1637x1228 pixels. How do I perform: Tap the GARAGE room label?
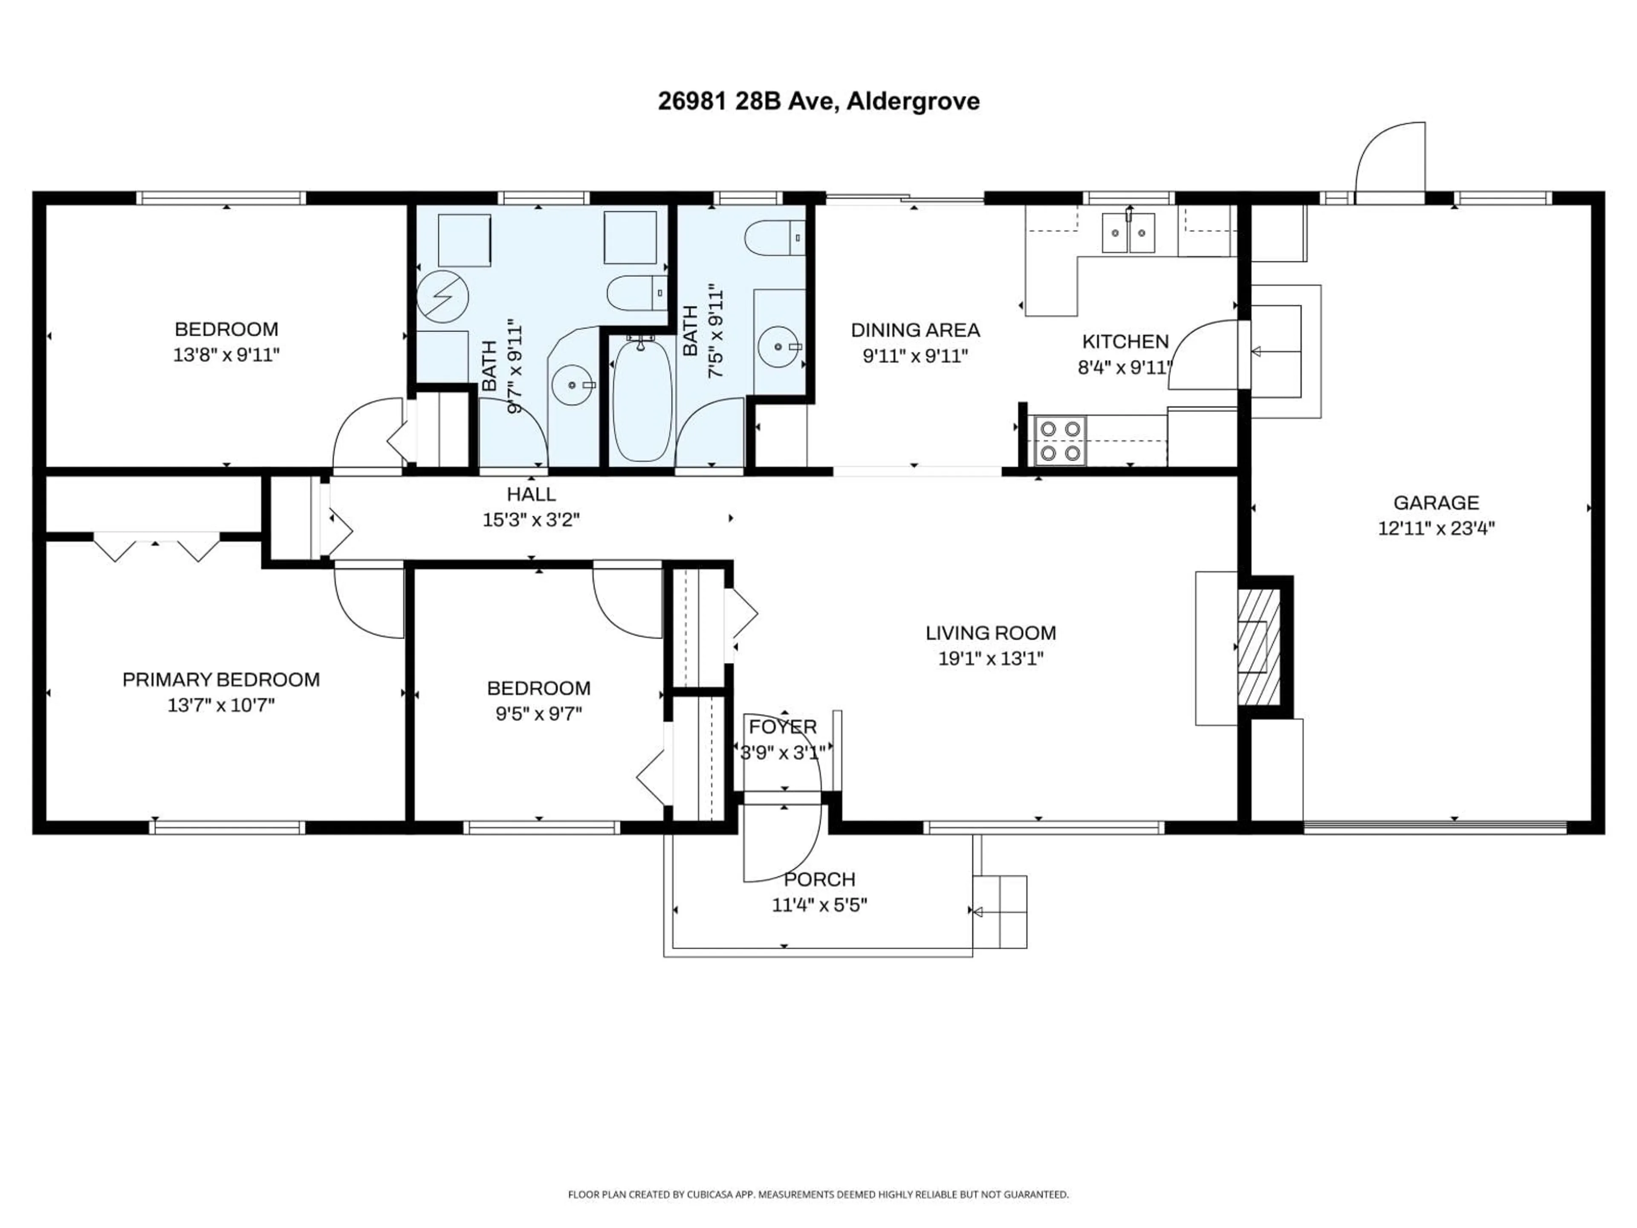click(x=1436, y=503)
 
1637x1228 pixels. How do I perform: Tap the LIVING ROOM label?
click(x=990, y=633)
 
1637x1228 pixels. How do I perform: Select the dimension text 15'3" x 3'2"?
click(x=531, y=520)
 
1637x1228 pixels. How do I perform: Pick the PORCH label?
click(x=819, y=879)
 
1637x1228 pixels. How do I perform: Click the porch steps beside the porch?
click(x=999, y=912)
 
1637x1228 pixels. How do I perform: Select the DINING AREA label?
click(x=915, y=330)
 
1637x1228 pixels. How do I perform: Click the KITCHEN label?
click(x=1125, y=342)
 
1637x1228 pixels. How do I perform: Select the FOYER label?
click(x=782, y=727)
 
